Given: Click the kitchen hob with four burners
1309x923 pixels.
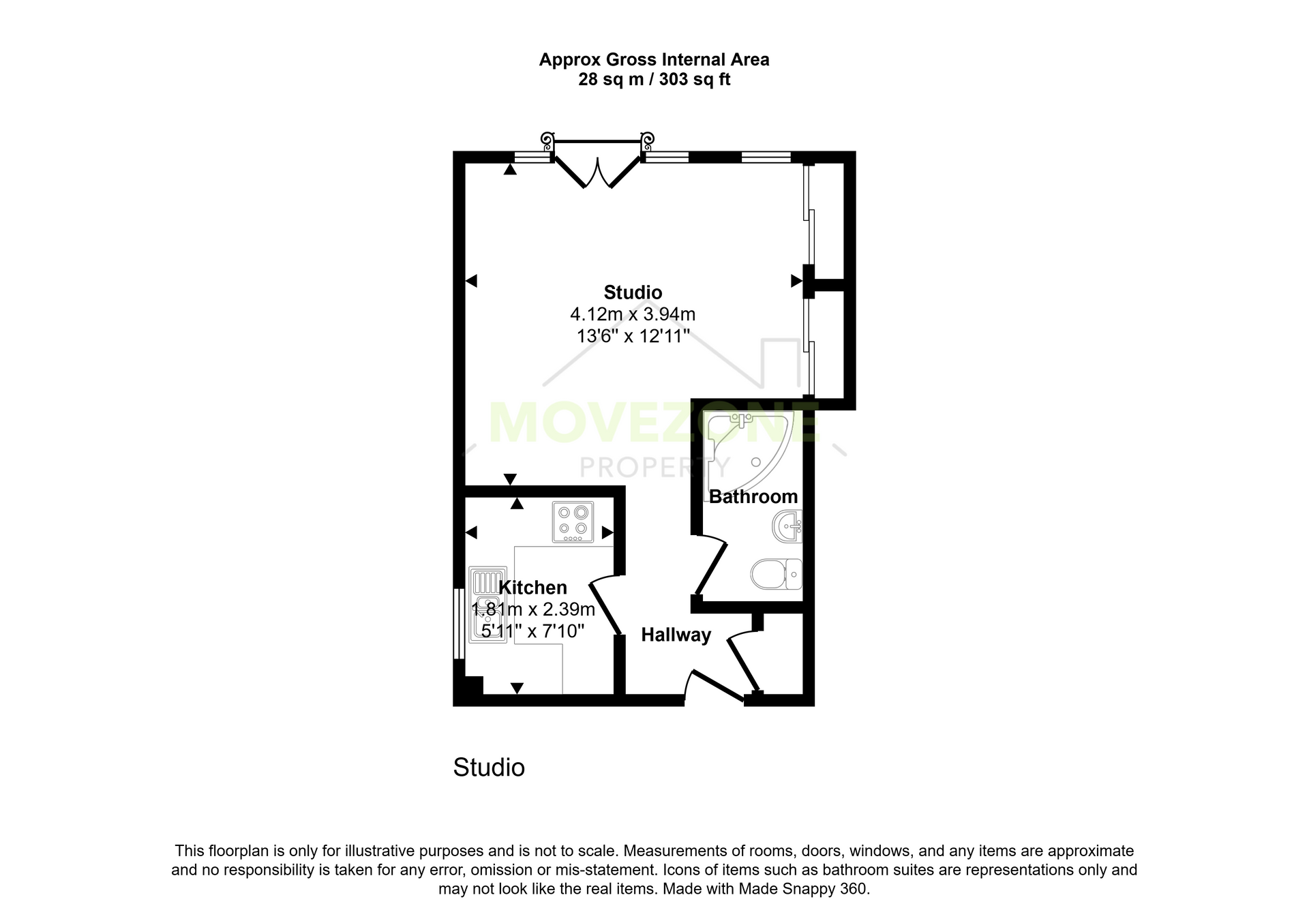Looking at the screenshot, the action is (x=573, y=522).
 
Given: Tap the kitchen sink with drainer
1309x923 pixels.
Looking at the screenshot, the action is (x=487, y=605).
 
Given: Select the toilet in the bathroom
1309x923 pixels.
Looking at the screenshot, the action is (x=777, y=574).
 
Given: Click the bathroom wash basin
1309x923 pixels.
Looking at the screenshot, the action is (x=787, y=526).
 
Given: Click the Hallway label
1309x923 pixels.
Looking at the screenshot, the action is (x=676, y=635).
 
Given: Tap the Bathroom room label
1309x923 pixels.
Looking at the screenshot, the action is (x=753, y=496).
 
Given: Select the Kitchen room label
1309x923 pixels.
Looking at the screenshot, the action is (x=532, y=588).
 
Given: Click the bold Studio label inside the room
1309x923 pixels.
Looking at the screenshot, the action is (x=633, y=292).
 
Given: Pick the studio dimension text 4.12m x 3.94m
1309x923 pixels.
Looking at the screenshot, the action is (x=633, y=314).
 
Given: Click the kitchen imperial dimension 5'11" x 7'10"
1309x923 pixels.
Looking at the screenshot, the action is (x=533, y=631).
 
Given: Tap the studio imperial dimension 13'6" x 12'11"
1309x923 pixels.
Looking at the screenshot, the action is (x=633, y=336).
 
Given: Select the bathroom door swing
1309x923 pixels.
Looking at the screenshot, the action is (x=710, y=565).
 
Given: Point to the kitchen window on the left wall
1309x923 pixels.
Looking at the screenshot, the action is (x=459, y=624).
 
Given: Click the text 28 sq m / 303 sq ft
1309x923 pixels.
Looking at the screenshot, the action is (x=654, y=80).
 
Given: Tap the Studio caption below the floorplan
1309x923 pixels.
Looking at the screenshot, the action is (x=489, y=768).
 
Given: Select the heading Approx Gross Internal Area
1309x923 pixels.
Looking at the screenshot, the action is (x=654, y=60).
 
